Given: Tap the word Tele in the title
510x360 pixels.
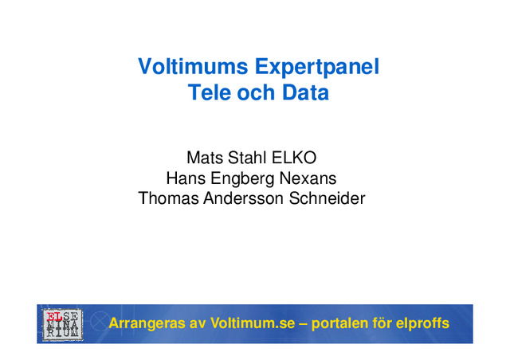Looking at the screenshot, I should coord(207,92).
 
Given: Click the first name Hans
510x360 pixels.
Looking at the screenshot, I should coord(184,178).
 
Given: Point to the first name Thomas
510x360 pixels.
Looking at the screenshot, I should coord(168,198).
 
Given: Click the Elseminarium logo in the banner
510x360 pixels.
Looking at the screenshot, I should coord(61,324).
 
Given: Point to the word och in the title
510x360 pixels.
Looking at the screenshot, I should coord(255,92).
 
